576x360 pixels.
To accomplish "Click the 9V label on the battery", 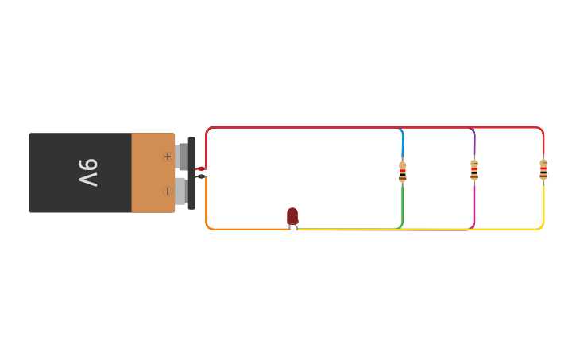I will (88, 172).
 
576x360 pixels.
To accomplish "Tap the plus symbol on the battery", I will (167, 157).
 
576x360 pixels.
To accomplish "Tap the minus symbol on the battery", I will (167, 191).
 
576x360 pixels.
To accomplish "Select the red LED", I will (292, 215).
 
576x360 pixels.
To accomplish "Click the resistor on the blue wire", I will (403, 171).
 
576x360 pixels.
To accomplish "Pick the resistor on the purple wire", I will (474, 170).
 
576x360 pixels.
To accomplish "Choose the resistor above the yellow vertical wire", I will (543, 169).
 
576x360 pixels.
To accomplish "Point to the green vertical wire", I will (403, 204).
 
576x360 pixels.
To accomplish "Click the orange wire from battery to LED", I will (238, 229).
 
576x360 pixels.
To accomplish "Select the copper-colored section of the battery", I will (151, 172).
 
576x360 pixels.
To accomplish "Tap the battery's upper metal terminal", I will (183, 156).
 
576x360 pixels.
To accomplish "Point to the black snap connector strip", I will (191, 172).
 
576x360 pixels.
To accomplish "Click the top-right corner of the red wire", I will (542, 130).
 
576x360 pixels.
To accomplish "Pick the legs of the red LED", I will (293, 227).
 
